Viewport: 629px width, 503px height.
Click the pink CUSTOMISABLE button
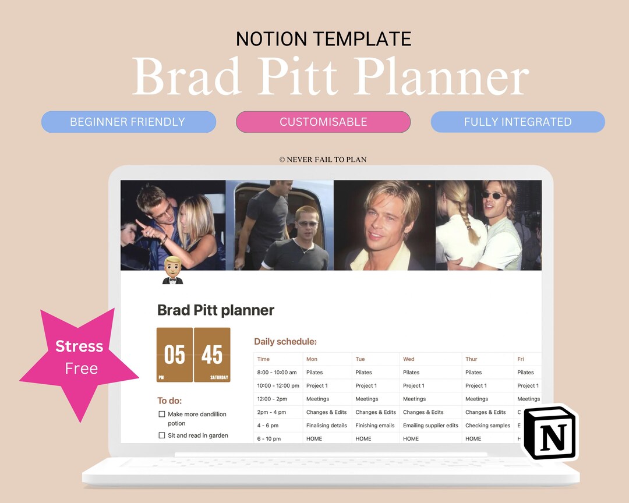(x=323, y=122)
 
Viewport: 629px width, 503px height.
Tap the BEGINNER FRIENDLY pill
(x=128, y=122)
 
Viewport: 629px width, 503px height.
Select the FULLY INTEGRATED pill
(x=518, y=122)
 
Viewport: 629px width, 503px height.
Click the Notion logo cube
(x=549, y=433)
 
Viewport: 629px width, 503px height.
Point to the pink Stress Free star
(x=80, y=357)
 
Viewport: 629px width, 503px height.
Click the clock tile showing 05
(x=175, y=355)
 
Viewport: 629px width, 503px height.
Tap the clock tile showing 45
(x=212, y=355)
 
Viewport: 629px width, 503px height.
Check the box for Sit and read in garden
(x=162, y=435)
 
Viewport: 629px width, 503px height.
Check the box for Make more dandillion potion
(x=162, y=415)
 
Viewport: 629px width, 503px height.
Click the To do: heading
(x=169, y=401)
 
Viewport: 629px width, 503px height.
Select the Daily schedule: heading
(x=285, y=342)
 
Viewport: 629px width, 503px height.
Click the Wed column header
(x=409, y=359)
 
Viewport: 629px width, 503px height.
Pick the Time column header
(x=264, y=359)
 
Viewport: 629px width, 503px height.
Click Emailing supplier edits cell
(x=430, y=426)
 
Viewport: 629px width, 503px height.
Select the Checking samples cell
(x=487, y=426)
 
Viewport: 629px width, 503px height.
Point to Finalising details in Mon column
(x=327, y=426)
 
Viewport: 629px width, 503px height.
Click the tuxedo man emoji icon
(x=172, y=271)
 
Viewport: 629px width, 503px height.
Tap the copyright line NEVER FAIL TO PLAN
(x=323, y=160)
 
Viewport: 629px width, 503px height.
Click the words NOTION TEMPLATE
(x=323, y=39)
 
